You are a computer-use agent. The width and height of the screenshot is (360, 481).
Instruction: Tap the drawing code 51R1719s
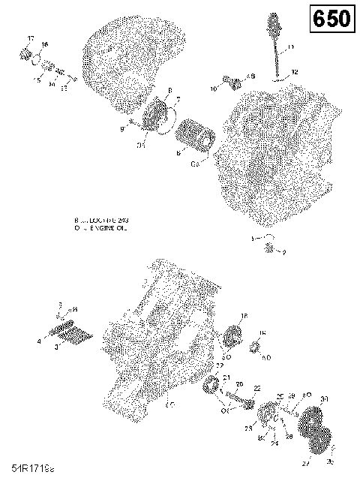(x=27, y=467)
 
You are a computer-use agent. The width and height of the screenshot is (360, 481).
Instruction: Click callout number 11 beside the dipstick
(x=291, y=47)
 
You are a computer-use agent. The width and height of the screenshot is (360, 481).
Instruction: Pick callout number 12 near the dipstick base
(x=295, y=72)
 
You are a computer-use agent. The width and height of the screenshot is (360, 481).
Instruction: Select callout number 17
(x=30, y=38)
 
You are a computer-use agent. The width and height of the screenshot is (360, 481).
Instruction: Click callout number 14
(x=51, y=85)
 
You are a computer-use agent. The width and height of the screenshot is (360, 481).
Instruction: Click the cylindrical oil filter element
(x=196, y=140)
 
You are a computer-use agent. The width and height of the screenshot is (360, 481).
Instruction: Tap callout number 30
(x=324, y=398)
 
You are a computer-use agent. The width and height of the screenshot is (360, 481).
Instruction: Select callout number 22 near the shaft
(x=256, y=388)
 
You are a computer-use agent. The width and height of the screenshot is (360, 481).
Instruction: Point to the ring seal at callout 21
(x=212, y=389)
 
